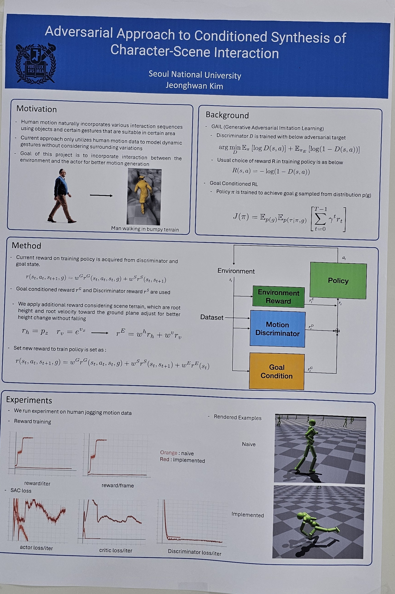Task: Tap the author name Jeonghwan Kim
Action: click(194, 86)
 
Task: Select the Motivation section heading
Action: click(37, 109)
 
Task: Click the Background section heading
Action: click(227, 115)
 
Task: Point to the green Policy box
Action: click(338, 280)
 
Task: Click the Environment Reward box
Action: click(278, 297)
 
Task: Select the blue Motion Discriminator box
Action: click(278, 329)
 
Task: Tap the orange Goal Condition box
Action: click(277, 371)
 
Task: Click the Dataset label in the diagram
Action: click(212, 317)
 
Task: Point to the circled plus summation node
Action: click(337, 331)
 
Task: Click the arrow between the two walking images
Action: click(101, 195)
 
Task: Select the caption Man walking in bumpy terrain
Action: click(145, 229)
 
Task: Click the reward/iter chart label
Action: click(37, 484)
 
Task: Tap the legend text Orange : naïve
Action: click(177, 453)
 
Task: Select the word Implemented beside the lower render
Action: click(248, 515)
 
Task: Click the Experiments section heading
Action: click(29, 400)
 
